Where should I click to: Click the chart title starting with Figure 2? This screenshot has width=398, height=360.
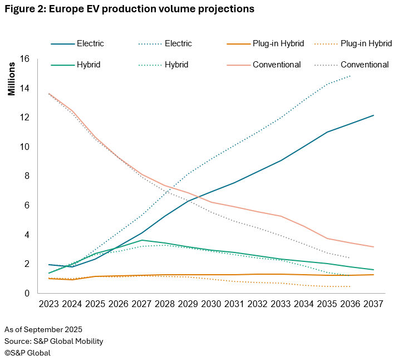pos(129,9)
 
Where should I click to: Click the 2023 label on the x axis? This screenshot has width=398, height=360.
pos(49,305)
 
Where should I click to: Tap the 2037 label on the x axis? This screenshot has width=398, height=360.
pos(376,305)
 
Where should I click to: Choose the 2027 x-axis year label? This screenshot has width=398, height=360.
pos(143,305)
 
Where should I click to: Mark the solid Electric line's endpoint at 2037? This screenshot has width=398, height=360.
pos(374,115)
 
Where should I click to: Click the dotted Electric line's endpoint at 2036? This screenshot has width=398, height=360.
pos(350,76)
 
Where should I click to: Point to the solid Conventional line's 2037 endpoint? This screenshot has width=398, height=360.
pos(374,247)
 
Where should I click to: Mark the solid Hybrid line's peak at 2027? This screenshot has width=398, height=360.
pos(143,240)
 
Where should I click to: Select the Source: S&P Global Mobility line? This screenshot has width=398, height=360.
pos(54,341)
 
